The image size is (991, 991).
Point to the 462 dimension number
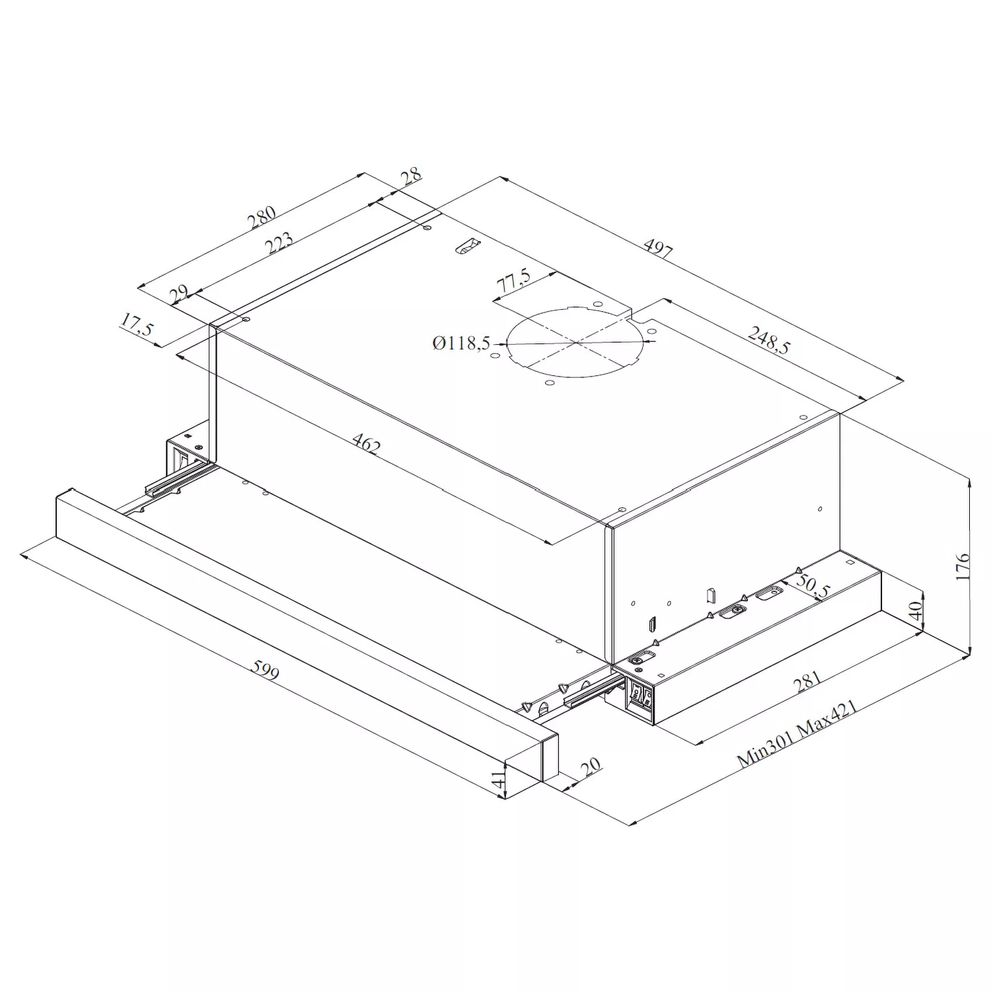[366, 444]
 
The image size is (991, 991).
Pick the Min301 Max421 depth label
[797, 734]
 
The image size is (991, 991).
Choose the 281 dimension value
[807, 681]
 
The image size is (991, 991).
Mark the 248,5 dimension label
[768, 341]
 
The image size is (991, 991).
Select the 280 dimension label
[262, 218]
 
